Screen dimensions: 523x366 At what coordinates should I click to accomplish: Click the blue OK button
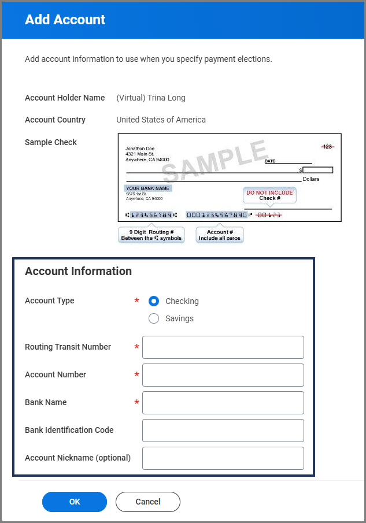coord(75,502)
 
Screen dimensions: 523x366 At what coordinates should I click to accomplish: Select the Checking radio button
coord(154,301)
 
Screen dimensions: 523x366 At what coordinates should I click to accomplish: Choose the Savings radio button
coord(154,318)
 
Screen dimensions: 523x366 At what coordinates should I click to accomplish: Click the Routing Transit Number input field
coord(223,347)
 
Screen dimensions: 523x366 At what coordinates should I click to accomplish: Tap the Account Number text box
coord(223,375)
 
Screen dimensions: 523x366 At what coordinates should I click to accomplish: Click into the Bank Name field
coord(223,403)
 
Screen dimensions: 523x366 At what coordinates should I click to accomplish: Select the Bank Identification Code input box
coord(223,431)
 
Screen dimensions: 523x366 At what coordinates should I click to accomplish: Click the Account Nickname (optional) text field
coord(223,458)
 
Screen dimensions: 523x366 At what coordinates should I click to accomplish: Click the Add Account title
coord(65,20)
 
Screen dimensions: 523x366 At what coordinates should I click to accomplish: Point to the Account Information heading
coord(78,271)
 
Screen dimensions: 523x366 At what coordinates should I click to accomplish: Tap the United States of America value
coord(161,120)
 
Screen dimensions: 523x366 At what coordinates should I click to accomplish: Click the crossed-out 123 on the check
coord(327,147)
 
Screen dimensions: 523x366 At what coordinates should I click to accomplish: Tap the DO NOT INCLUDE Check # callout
coord(269,195)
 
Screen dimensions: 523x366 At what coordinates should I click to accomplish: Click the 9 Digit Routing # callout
coord(151,235)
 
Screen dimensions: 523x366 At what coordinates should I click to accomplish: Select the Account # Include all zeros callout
coord(220,235)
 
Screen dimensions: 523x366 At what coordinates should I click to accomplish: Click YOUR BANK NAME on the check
coord(148,188)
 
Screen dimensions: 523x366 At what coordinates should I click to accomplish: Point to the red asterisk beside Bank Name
coord(137,403)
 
